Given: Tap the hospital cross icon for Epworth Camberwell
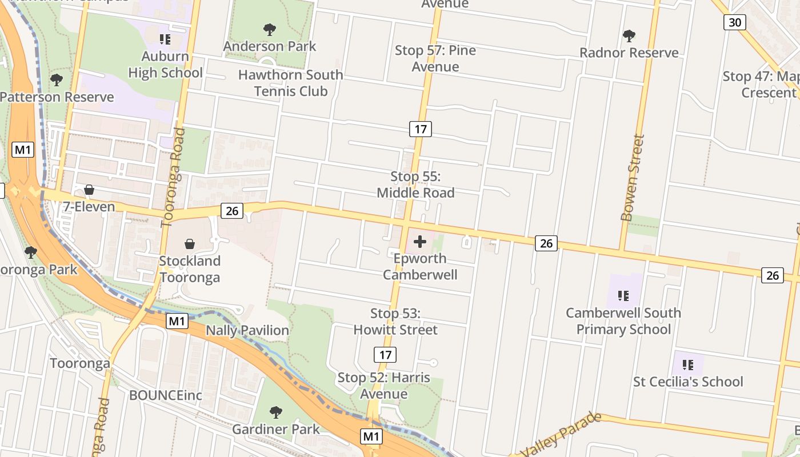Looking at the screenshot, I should point(420,242).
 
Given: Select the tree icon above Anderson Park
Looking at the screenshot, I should point(269,30).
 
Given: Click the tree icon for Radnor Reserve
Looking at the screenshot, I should point(629,36).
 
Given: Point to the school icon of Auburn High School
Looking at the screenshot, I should point(165,39).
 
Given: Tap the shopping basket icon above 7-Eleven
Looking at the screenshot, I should point(89,190).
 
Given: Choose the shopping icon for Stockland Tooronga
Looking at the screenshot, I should point(190,244).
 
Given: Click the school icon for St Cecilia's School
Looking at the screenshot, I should point(688,364).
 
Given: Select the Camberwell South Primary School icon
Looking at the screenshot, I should point(623,296).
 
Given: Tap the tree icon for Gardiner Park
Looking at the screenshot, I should point(276,412).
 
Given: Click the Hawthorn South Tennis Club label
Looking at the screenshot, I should point(290,83).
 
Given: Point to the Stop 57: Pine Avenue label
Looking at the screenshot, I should point(435,58).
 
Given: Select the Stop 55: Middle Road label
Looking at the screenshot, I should point(415,185).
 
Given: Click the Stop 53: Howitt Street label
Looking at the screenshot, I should point(395,322).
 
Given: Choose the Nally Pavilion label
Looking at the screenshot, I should point(247,330).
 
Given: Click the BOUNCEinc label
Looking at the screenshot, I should point(166,395).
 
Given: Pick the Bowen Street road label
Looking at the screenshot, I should point(632,178).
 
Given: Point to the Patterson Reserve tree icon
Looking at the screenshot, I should point(56,80).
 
